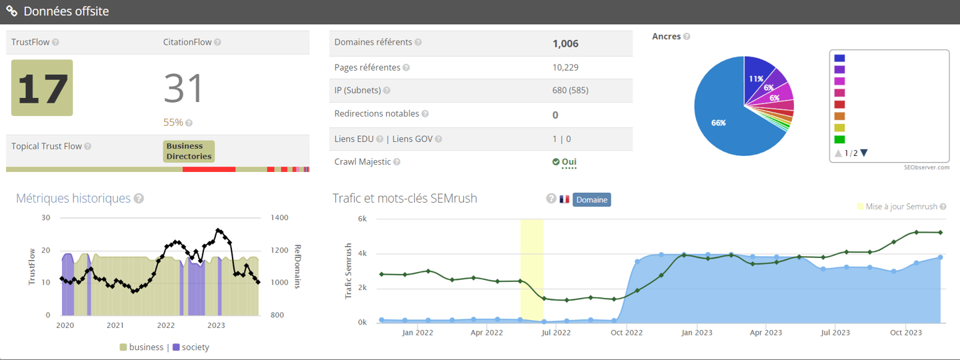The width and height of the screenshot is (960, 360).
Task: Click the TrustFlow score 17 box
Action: (x=42, y=87)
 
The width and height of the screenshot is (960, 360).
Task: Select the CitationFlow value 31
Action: (x=183, y=88)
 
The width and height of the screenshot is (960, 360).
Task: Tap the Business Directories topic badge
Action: (x=189, y=151)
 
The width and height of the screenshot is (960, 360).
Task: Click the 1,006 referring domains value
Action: (x=565, y=44)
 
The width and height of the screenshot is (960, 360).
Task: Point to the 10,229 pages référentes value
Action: (x=566, y=67)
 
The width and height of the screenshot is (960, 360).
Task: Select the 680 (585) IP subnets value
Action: (x=570, y=90)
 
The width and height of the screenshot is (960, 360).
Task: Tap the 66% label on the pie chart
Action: (x=718, y=123)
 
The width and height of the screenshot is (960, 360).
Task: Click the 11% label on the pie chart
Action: (x=755, y=79)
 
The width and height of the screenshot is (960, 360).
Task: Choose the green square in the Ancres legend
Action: (x=839, y=140)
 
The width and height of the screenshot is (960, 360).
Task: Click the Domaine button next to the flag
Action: (x=591, y=199)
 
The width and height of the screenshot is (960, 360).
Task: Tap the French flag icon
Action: (x=565, y=199)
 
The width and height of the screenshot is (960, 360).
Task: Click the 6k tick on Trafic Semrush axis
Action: (x=363, y=219)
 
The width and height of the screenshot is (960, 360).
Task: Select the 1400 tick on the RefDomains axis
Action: (x=279, y=218)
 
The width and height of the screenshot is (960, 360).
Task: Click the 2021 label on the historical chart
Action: (x=115, y=326)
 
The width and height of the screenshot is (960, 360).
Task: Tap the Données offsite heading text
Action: (x=66, y=11)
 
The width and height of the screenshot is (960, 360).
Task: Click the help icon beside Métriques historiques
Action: (x=139, y=199)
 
